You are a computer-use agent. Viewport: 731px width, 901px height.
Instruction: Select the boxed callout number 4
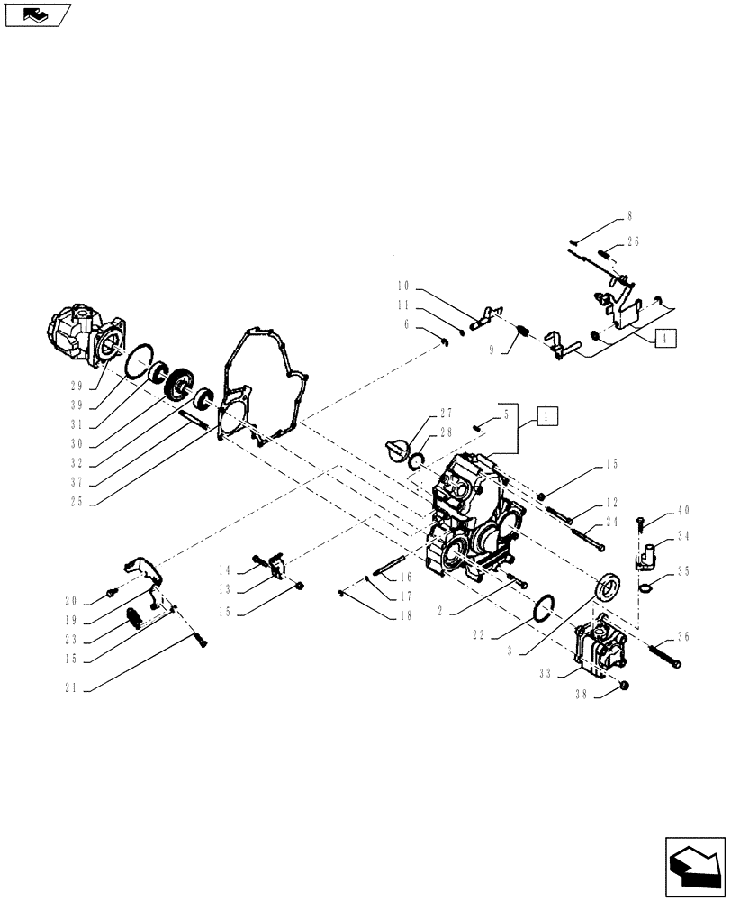(x=663, y=339)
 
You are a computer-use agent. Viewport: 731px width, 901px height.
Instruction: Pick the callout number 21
(x=70, y=688)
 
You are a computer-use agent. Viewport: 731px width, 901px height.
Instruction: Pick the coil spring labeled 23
(x=135, y=619)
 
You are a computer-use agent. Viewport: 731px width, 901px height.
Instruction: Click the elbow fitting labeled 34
(x=645, y=553)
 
